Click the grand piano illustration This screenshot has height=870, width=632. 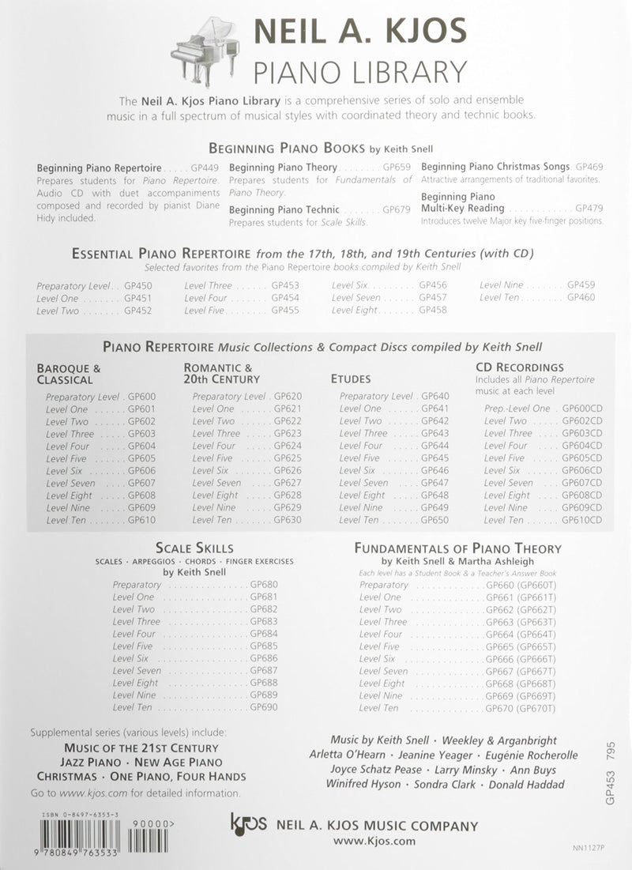(x=204, y=47)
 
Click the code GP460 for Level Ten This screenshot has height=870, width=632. (x=581, y=298)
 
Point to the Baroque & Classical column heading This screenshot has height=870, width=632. (x=69, y=374)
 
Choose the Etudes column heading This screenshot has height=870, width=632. (x=351, y=379)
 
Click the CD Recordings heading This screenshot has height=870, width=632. (x=520, y=367)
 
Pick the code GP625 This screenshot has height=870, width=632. (x=288, y=458)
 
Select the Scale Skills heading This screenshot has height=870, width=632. (x=194, y=548)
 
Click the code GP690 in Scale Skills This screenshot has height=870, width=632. (x=263, y=708)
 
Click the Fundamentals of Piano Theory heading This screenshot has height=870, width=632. (x=457, y=548)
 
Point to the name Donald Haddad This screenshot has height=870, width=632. (x=527, y=785)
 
